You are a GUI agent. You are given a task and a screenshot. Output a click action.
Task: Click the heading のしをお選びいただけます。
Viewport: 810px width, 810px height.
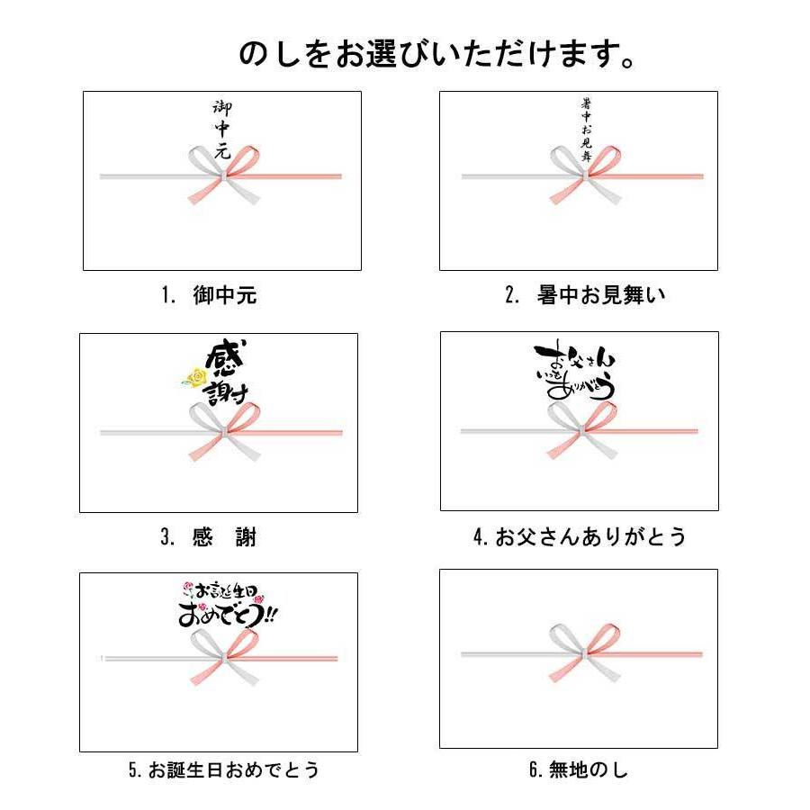[437, 54]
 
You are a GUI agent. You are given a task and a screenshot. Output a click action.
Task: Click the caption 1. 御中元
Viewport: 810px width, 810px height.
[210, 296]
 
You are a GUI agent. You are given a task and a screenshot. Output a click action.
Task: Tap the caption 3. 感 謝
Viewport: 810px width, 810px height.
[209, 537]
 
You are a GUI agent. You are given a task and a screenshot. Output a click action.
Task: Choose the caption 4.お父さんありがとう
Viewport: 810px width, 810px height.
[580, 537]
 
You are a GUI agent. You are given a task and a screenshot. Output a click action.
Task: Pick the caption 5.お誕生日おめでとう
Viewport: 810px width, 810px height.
[223, 770]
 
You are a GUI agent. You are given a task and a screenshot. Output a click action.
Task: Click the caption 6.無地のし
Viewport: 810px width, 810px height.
[578, 770]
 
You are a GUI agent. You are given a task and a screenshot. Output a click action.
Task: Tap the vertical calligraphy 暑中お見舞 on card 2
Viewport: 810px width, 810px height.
[586, 128]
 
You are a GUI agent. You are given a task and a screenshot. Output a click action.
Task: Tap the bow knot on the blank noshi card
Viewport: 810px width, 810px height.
[585, 652]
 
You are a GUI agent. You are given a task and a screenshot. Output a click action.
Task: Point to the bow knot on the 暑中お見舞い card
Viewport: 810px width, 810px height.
[585, 176]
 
